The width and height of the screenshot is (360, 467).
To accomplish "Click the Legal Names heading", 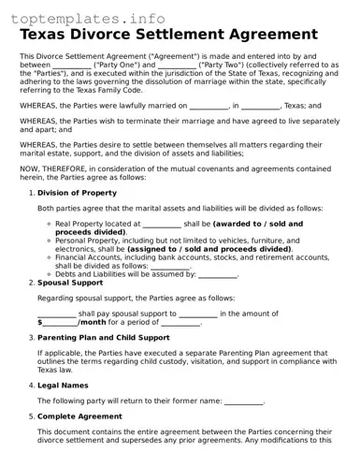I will [65, 384].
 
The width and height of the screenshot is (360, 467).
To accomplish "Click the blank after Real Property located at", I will [162, 225].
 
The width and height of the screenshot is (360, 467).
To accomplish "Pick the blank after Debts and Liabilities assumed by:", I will [218, 274].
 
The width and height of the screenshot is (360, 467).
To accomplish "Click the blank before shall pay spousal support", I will [56, 314].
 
